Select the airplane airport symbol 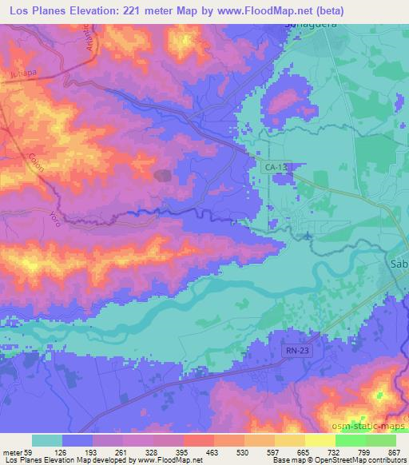(x=308, y=235)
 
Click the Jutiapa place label (x=24, y=72)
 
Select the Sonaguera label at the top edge (x=308, y=25)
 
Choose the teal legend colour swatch (x=46, y=441)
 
